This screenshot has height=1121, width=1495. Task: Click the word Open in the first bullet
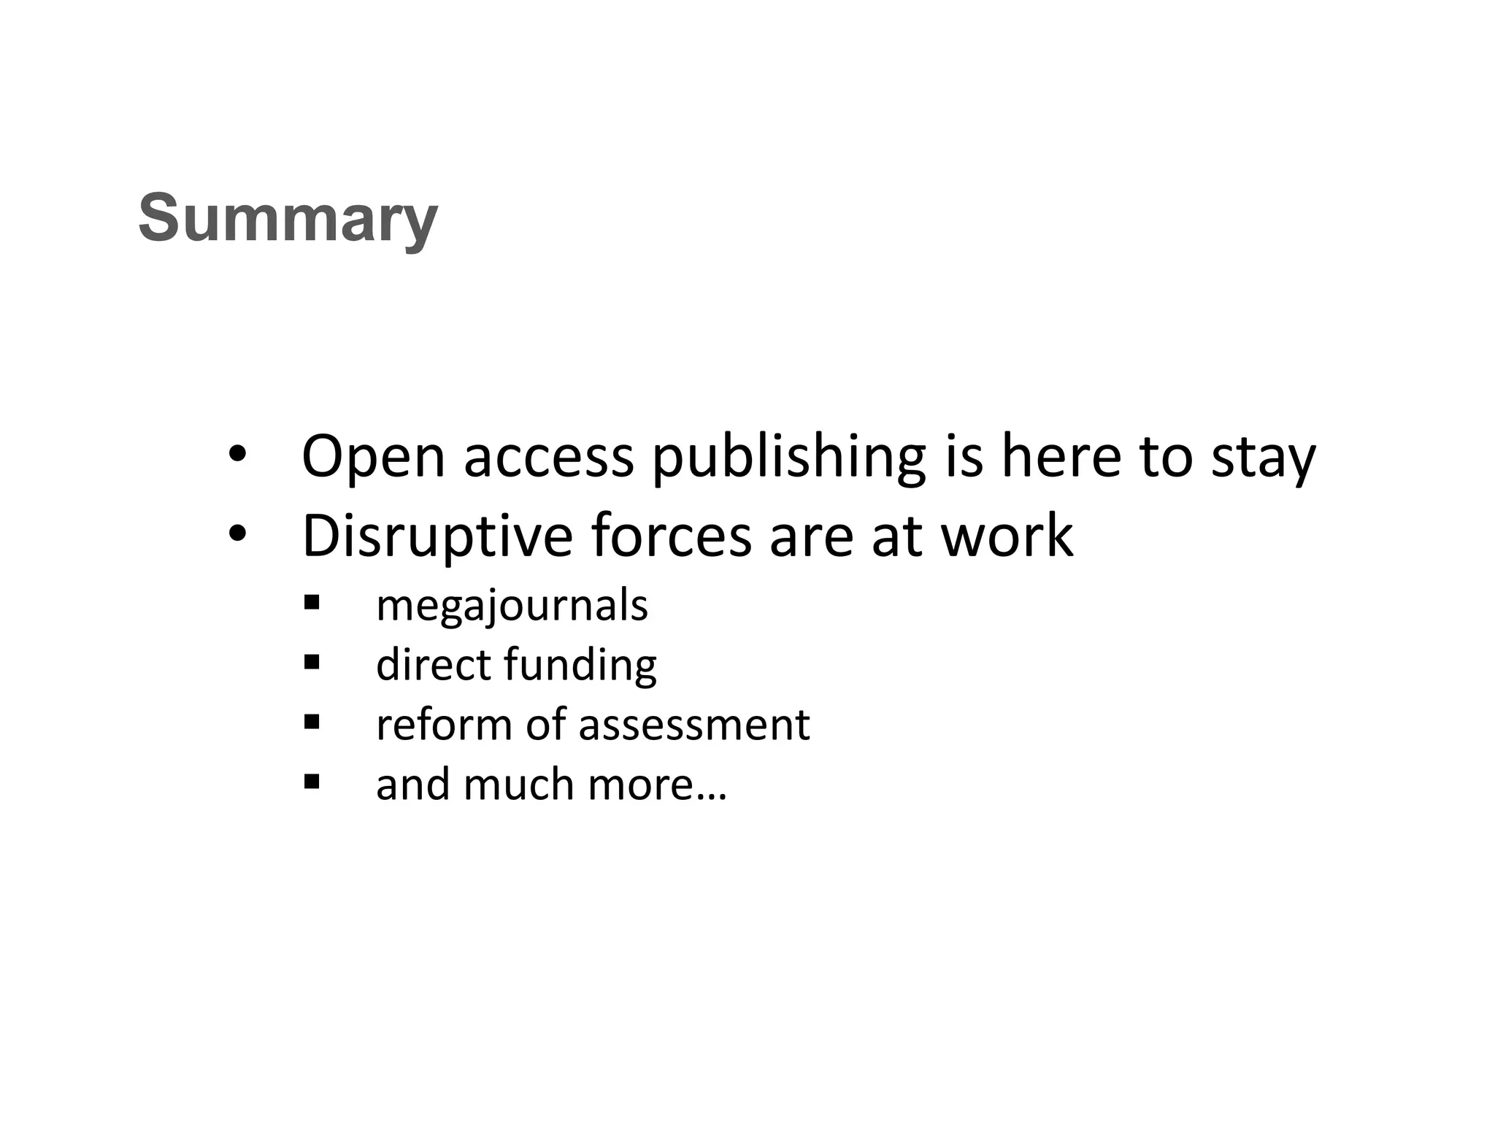(373, 457)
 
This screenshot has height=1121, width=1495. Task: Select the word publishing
(789, 458)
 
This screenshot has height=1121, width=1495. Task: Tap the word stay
(1264, 458)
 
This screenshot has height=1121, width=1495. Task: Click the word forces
(671, 536)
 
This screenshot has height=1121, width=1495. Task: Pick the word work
(1007, 536)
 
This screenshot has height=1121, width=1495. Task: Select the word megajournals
(512, 606)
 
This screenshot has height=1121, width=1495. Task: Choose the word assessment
(693, 725)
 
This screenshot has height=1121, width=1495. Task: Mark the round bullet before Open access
(238, 455)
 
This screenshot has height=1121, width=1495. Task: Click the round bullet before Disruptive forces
(238, 535)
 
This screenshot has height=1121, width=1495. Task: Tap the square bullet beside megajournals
(312, 603)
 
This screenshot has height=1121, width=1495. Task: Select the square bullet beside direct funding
(312, 662)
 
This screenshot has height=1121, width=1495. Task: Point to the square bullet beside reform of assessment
(312, 722)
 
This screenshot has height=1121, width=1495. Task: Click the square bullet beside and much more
(312, 782)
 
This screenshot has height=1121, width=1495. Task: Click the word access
(549, 458)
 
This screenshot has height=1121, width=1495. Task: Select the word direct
(433, 666)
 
